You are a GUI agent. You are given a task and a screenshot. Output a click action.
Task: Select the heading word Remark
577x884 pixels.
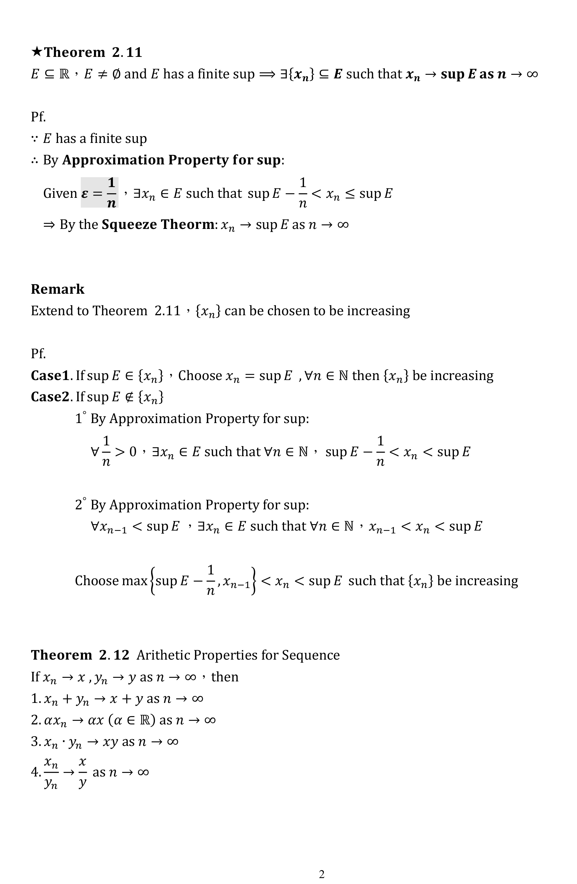pos(58,289)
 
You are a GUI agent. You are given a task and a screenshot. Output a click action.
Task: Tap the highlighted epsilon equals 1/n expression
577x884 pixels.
pos(99,193)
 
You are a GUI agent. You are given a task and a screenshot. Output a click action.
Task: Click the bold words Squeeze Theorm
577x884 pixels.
pos(158,224)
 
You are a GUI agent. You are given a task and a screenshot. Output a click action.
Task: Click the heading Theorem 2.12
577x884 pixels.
pos(80,655)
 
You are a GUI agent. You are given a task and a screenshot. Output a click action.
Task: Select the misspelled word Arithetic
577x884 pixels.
pos(163,655)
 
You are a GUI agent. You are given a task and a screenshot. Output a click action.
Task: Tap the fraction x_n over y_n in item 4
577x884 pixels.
pos(51,772)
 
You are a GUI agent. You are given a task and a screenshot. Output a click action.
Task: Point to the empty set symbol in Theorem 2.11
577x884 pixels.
pos(116,74)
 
